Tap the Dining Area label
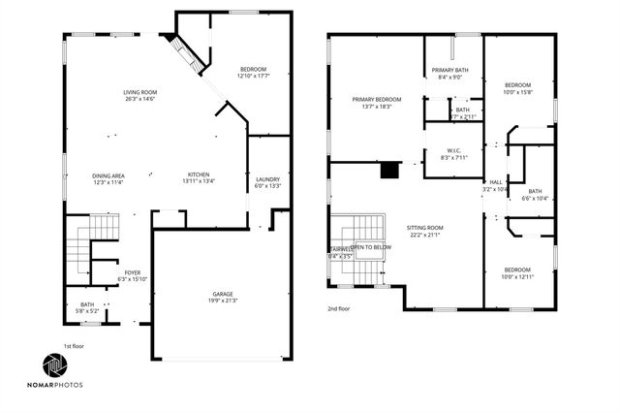click(110, 175)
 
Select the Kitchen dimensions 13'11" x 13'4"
click(199, 181)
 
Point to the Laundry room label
click(267, 179)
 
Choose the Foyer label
click(132, 273)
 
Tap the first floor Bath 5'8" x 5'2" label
click(87, 305)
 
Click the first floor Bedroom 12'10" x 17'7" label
click(253, 70)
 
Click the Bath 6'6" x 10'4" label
click(535, 192)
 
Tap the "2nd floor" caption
click(339, 307)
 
